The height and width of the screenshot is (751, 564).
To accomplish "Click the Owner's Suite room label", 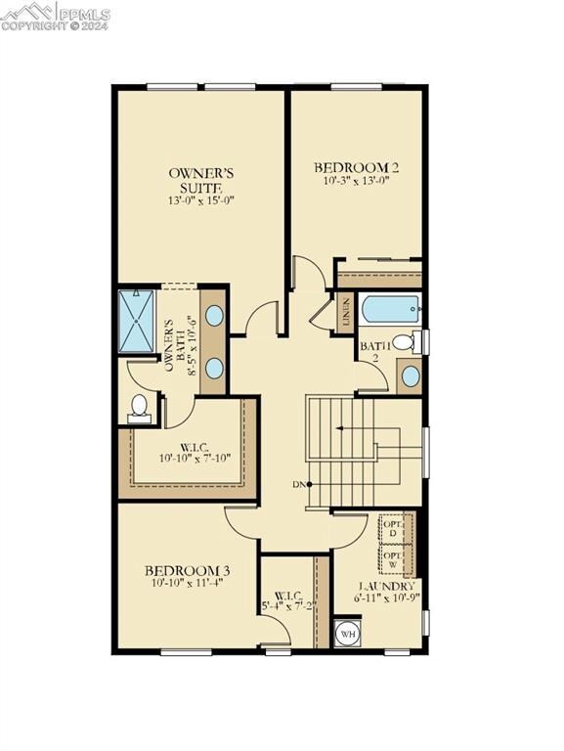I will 199,179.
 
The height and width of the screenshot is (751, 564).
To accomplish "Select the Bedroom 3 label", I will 187,570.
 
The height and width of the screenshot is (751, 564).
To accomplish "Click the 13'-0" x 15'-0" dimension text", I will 199,200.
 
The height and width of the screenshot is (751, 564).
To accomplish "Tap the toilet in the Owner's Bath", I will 139,406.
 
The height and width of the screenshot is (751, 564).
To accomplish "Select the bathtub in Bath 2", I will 390,309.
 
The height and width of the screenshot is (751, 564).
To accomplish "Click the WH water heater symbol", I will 347,634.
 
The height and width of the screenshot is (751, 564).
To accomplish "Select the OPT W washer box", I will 394,560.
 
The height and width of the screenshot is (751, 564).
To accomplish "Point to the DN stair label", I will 299,484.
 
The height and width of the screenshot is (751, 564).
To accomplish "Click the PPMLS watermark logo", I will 55,15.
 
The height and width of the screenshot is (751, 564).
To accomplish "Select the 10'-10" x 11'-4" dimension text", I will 187,584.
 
